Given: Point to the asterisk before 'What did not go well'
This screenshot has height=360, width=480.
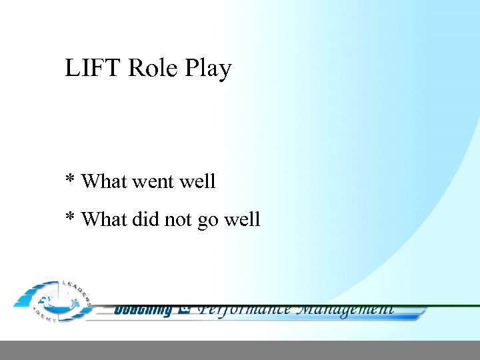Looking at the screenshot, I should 69,217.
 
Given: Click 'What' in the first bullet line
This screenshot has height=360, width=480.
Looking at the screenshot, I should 105,181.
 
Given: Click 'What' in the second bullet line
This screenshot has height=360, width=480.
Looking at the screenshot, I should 105,219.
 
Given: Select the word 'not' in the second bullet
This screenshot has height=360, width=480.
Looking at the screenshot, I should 178,219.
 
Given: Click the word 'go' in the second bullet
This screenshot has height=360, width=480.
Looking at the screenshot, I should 210,221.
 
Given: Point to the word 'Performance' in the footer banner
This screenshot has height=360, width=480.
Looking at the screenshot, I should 245,309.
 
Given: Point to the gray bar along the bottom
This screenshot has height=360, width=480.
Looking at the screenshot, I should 240,350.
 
